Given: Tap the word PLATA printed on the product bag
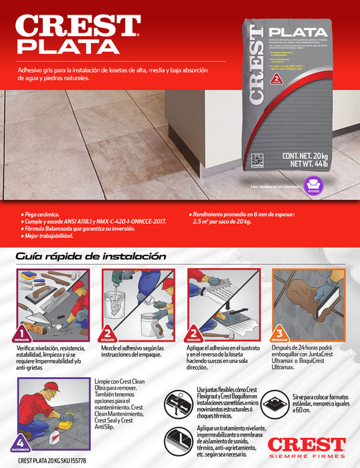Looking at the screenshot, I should [x=298, y=32].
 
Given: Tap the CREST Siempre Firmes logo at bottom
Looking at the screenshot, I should [x=306, y=447].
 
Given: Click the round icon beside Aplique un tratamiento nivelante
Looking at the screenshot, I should [x=179, y=441].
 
